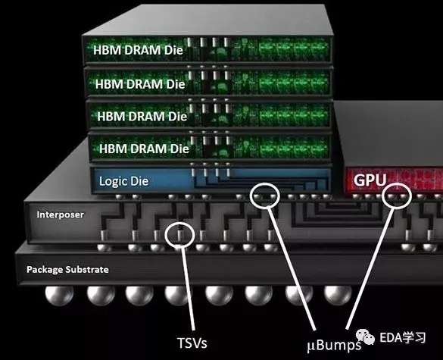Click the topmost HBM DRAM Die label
(138, 50)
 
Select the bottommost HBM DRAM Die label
(144, 149)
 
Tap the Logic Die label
(123, 181)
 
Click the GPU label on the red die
(370, 180)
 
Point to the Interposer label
(61, 214)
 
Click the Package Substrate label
(67, 270)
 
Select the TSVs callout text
(192, 343)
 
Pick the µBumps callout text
(334, 345)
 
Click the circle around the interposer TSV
(165, 235)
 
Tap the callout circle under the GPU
(382, 196)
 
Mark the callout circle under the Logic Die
(251, 195)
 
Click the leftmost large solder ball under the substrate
(59, 296)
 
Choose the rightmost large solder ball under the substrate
(338, 296)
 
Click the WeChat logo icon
(365, 337)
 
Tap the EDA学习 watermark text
(402, 337)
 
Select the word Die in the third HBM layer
(177, 117)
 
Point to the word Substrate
(87, 270)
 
